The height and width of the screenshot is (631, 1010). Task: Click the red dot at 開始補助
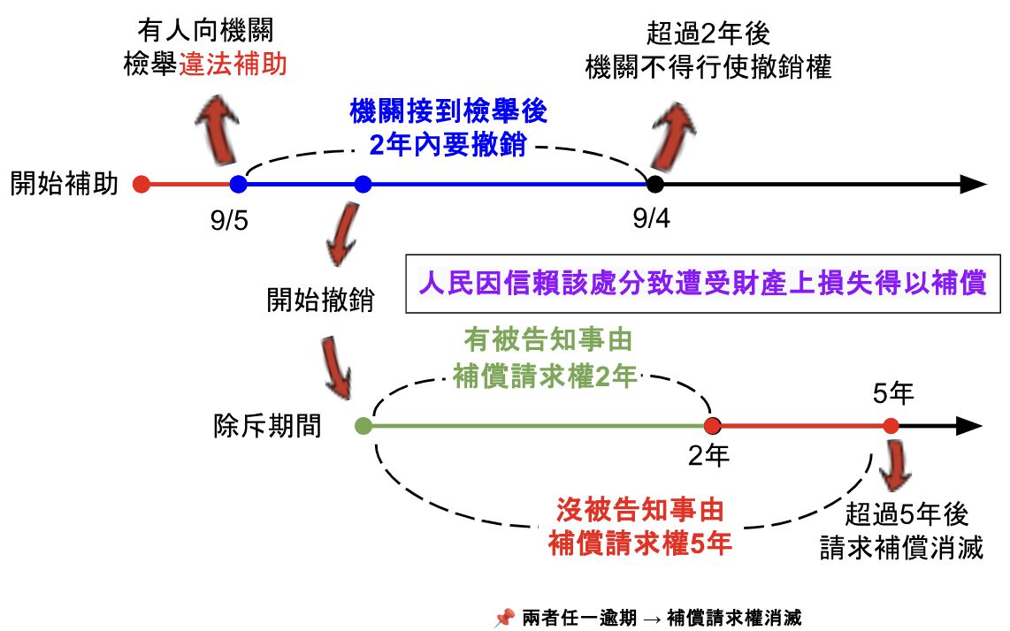tap(140, 184)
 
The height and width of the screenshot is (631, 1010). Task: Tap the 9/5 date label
tap(229, 220)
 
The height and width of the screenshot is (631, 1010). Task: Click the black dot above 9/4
tap(654, 184)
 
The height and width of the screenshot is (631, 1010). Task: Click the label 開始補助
tap(64, 184)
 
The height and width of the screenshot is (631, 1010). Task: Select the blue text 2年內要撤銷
tap(448, 144)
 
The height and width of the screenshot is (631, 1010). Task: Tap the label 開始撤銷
tap(320, 300)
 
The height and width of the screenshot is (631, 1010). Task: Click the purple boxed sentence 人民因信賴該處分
tap(703, 285)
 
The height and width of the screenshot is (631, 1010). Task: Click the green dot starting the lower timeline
tap(363, 426)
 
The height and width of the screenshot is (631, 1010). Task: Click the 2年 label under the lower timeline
tap(709, 456)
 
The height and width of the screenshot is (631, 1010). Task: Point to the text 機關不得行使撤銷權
tap(708, 67)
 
